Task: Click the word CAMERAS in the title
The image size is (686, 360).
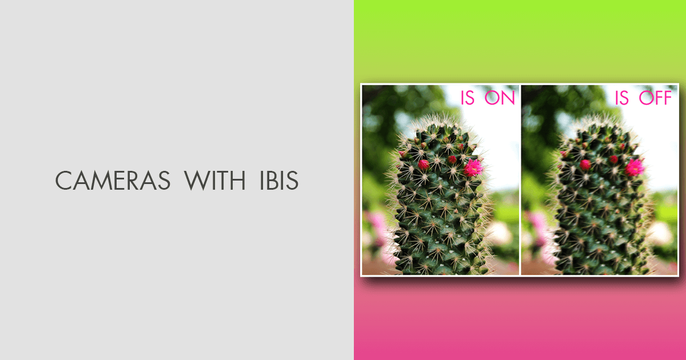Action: pos(113,181)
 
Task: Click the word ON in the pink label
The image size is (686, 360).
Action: pos(500,98)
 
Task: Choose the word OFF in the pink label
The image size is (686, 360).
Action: pos(656,98)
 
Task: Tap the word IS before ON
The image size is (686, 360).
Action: pos(468,98)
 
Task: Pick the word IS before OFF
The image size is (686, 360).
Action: pos(622,98)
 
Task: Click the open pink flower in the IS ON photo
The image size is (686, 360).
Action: pos(473,167)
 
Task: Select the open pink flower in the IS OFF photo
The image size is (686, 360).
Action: pos(633,167)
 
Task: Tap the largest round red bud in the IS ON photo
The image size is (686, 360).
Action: pos(424,165)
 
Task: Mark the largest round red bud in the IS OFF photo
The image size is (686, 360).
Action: pos(585,165)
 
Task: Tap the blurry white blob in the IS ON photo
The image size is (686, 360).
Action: pos(500,233)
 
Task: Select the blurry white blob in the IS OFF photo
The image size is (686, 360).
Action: pos(660,233)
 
